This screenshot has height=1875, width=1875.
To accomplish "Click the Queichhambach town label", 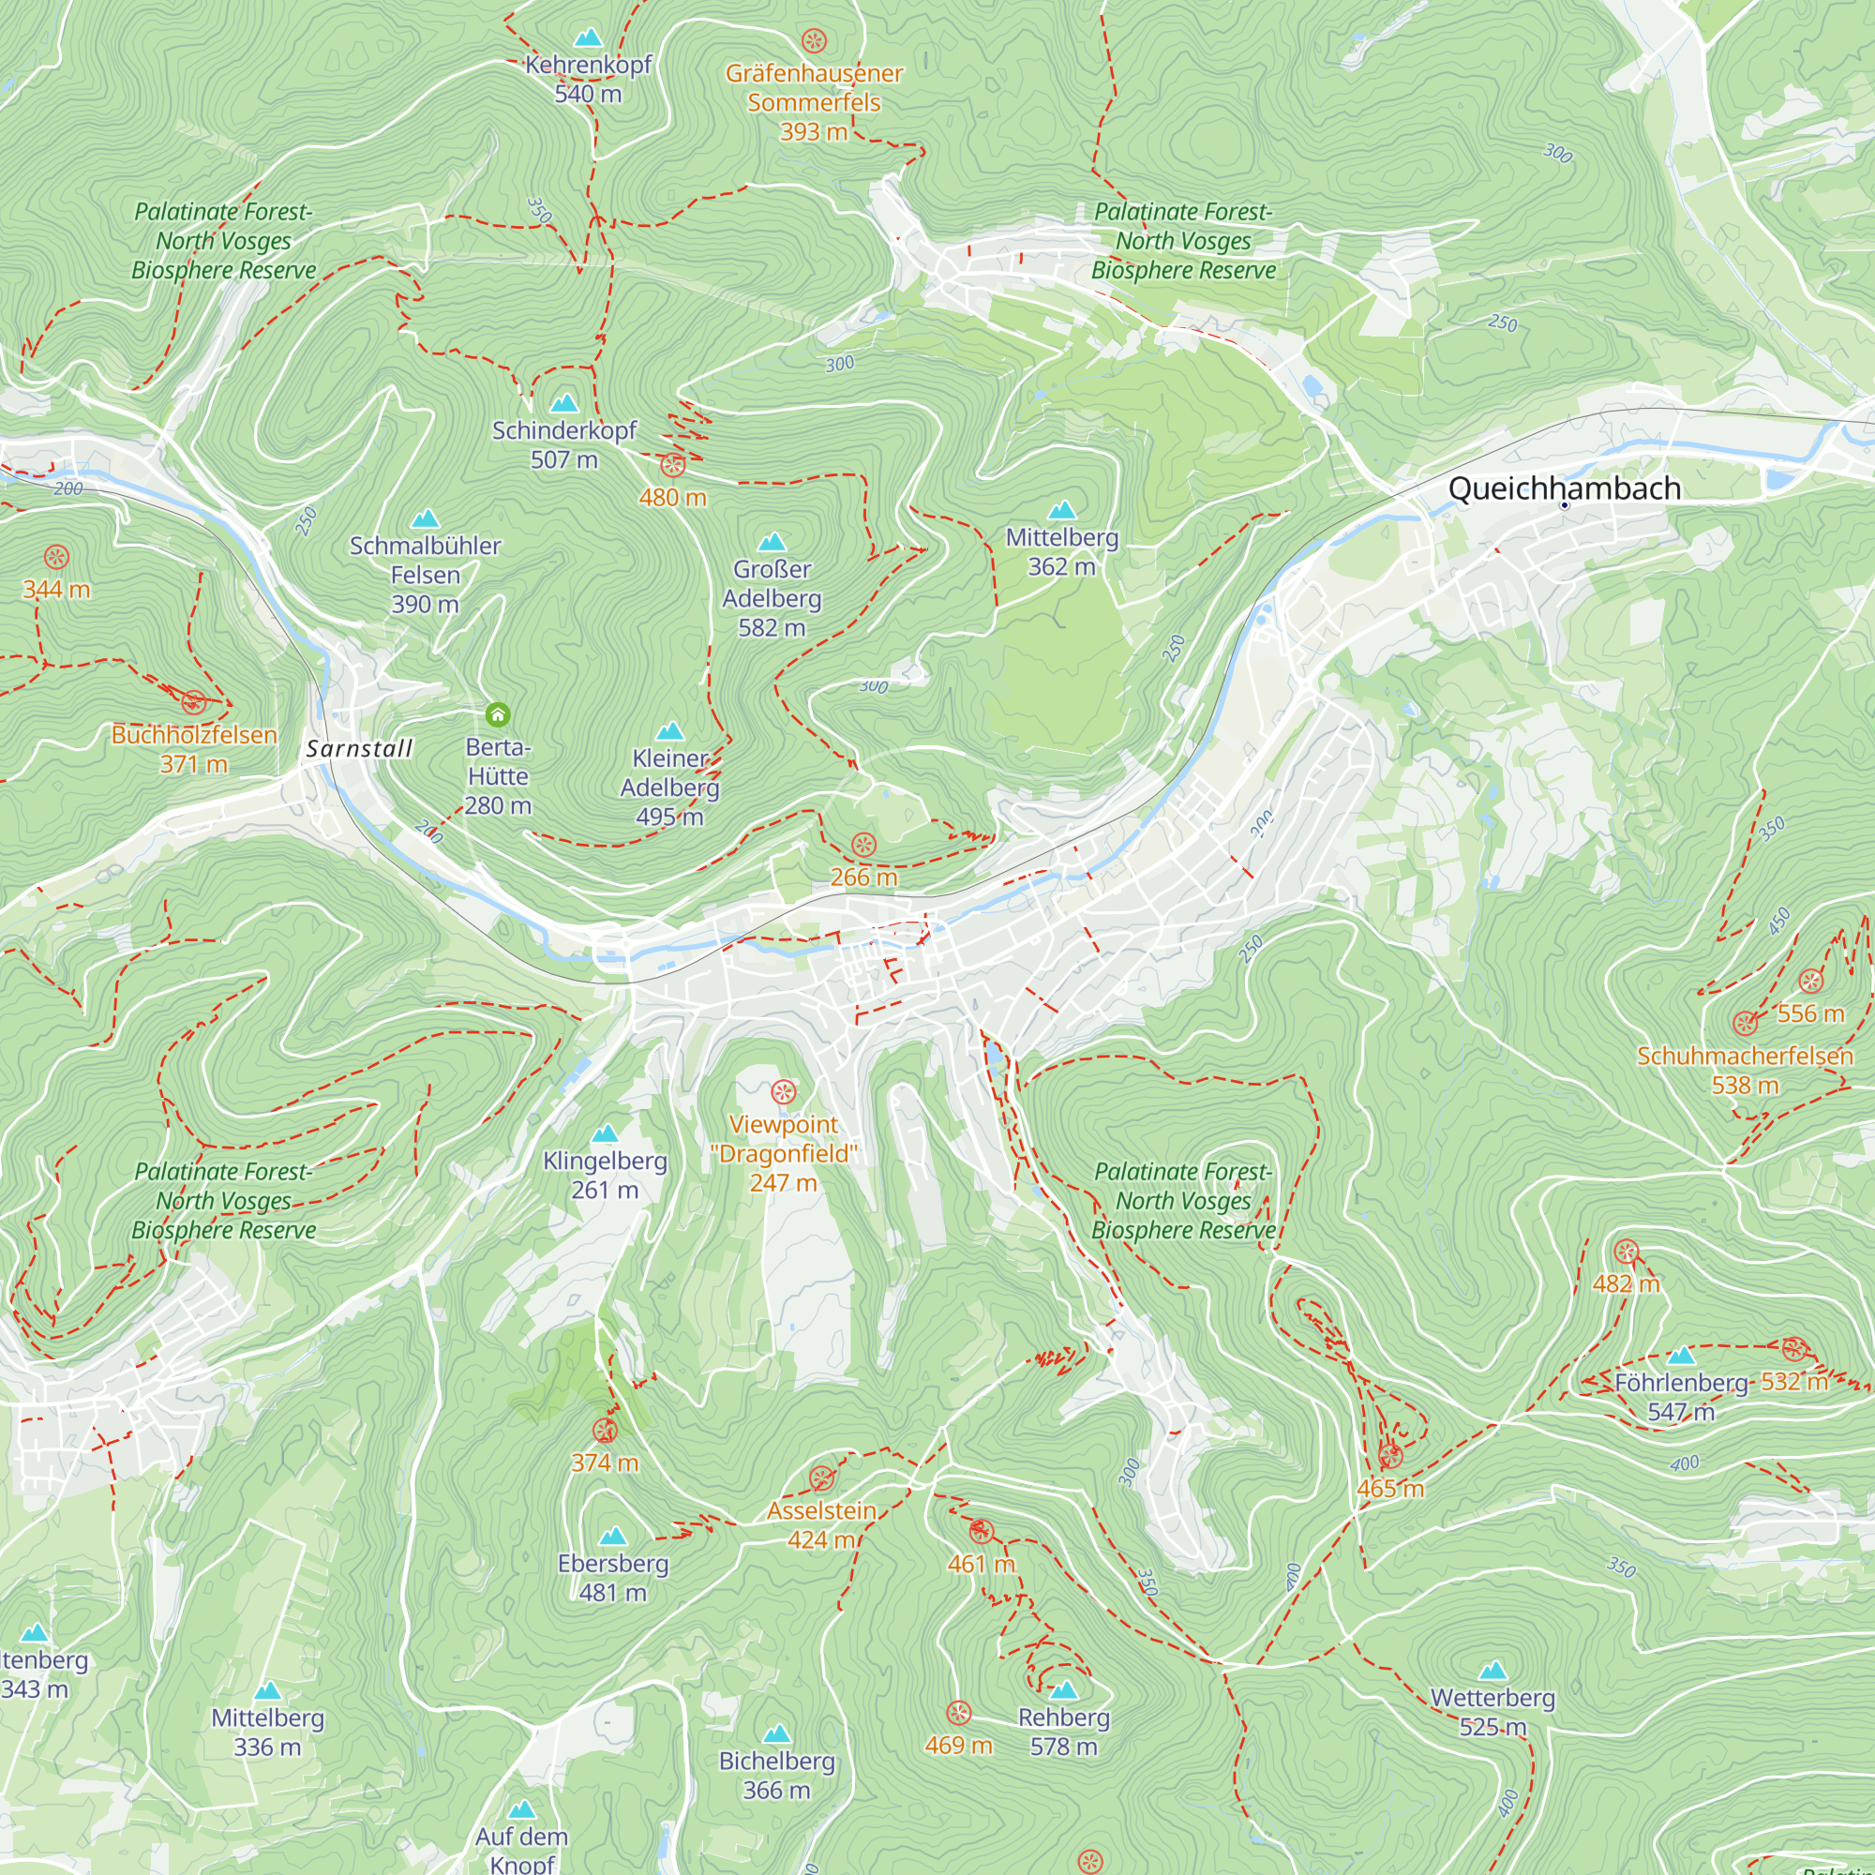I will click(1564, 488).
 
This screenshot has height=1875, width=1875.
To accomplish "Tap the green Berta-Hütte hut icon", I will click(498, 715).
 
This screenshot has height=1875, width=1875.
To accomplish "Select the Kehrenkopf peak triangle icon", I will click(587, 38).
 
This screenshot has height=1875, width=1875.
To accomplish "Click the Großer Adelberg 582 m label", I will click(772, 598).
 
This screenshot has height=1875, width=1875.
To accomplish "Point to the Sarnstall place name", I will click(359, 748).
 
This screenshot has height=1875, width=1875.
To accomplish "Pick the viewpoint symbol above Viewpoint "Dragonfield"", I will click(783, 1092).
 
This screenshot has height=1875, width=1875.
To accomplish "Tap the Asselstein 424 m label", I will click(821, 1524).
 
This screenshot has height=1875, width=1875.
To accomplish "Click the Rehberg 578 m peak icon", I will click(1064, 1689).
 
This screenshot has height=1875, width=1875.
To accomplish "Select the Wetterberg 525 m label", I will click(1492, 1711).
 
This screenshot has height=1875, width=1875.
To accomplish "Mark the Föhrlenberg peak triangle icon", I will click(1681, 1356).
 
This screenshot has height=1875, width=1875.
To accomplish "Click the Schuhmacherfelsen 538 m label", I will click(1744, 1070).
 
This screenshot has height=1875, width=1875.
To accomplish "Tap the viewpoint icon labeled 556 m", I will click(1811, 981).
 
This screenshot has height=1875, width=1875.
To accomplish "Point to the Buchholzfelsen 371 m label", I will click(194, 748).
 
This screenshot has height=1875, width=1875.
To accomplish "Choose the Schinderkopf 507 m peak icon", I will click(563, 403).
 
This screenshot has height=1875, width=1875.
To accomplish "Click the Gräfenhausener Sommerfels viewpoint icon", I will click(813, 40).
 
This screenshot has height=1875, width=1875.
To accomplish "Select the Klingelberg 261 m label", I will click(605, 1175).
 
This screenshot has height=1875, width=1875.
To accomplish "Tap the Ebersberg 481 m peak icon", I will click(612, 1537).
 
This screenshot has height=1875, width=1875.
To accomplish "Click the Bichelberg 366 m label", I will click(776, 1775).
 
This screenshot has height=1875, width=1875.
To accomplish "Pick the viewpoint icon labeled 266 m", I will click(863, 845).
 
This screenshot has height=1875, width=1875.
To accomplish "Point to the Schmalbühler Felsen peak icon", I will click(425, 519).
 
